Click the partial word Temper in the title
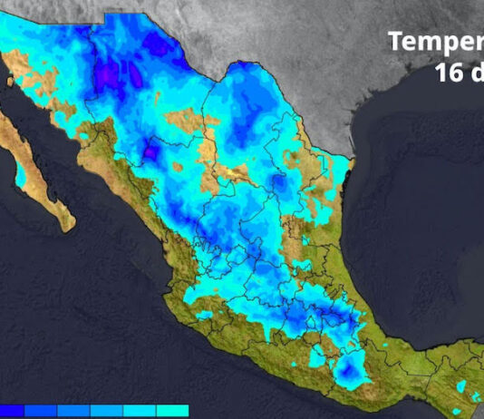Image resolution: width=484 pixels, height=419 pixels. point(436,42)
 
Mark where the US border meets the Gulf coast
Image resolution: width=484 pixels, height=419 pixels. point(350,163)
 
